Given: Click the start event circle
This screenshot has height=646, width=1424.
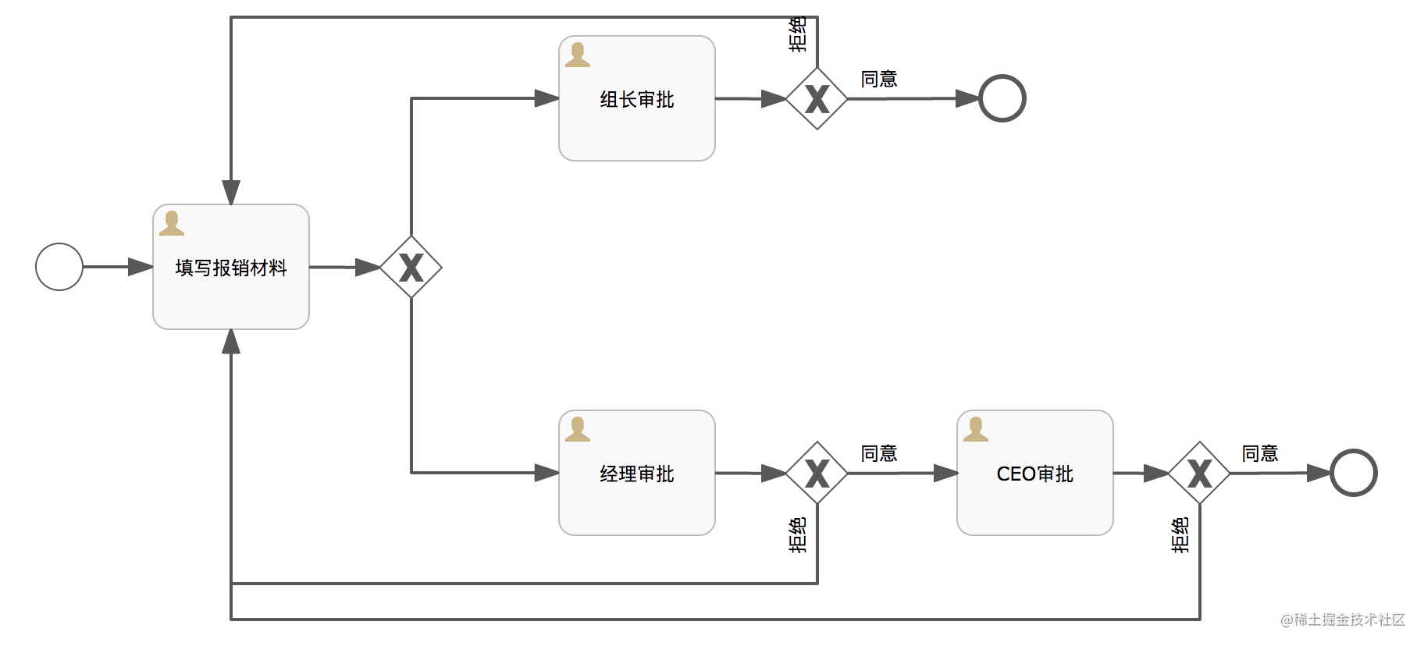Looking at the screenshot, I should (59, 267).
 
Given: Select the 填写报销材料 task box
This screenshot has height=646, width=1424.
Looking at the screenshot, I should (231, 267).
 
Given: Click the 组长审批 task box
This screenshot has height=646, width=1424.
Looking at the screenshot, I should (637, 98).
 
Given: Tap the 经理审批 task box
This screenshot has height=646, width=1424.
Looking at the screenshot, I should (637, 473).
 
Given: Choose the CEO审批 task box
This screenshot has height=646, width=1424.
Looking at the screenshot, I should (1035, 473).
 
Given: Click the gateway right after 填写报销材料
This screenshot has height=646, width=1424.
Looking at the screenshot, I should (411, 267).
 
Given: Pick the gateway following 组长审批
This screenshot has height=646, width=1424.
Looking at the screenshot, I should (817, 98).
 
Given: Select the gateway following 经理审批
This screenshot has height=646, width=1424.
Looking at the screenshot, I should (817, 473).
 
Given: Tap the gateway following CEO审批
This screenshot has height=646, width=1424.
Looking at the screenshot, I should (1199, 473).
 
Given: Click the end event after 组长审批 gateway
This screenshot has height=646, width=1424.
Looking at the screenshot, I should (1002, 98).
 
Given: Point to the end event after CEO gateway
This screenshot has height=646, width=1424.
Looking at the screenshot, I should (1354, 473).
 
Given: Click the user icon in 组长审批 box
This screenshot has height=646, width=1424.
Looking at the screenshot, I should (578, 55).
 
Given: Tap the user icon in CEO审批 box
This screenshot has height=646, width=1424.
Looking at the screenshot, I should (976, 429).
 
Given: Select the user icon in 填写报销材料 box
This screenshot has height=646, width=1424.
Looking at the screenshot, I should (172, 223).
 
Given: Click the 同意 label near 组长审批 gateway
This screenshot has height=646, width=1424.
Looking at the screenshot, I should (879, 79).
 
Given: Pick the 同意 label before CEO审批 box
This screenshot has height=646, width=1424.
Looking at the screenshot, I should (879, 453).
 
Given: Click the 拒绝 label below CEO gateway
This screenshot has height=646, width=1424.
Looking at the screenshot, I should (1180, 535).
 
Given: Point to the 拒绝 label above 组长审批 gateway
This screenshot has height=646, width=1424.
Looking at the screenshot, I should (798, 34).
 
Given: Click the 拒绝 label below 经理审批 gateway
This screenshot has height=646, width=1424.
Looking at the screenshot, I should (798, 535).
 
